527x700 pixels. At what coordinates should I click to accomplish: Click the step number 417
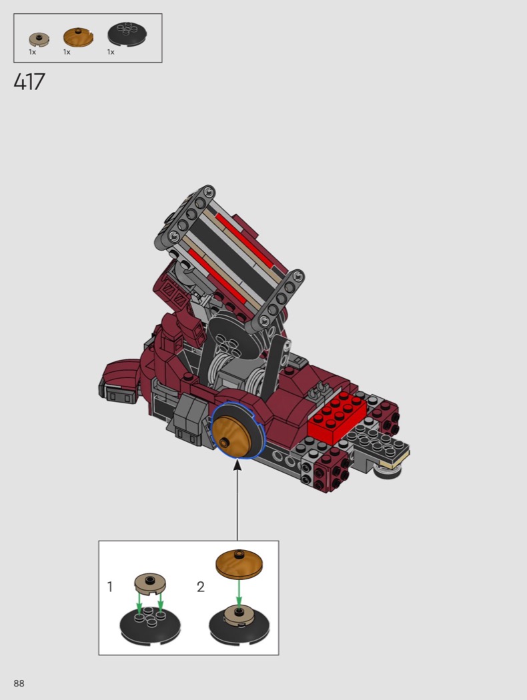[29, 82]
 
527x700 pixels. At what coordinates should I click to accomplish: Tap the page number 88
[19, 683]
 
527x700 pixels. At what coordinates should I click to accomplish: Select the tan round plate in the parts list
[39, 39]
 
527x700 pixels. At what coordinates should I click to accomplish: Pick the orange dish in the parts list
[78, 37]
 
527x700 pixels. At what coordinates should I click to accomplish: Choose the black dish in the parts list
[127, 33]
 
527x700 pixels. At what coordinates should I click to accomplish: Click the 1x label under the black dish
[111, 52]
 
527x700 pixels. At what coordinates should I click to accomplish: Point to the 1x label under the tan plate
[33, 52]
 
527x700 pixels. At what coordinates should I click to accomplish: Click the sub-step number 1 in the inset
[110, 586]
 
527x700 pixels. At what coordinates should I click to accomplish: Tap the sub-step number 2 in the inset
[201, 586]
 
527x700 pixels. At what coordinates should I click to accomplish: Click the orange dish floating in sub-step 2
[239, 563]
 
